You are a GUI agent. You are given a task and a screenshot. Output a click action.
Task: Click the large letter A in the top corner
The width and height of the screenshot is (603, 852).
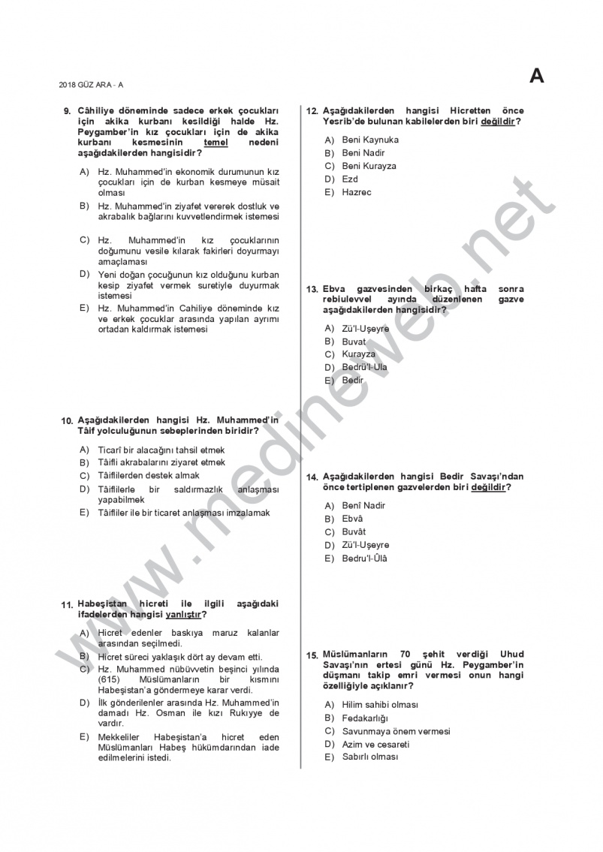536,76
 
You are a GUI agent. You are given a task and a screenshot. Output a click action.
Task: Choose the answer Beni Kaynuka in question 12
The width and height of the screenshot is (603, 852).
369,140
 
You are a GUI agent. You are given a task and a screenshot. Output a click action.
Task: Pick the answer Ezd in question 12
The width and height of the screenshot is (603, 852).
350,179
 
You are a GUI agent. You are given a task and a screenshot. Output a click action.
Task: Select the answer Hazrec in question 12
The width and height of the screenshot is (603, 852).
356,192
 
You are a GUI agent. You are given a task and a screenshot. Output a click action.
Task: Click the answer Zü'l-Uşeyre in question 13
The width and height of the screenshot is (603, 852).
365,329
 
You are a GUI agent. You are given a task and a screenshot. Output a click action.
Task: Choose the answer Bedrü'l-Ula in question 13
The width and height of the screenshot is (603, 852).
364,367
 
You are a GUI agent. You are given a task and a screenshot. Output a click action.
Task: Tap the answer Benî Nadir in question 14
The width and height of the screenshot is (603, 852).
363,505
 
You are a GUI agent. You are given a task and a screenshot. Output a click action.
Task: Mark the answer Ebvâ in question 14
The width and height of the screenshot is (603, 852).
352,519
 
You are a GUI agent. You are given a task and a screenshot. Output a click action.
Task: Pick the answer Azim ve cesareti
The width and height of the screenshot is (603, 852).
375,745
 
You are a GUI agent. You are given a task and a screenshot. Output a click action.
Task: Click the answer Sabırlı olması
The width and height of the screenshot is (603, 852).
369,757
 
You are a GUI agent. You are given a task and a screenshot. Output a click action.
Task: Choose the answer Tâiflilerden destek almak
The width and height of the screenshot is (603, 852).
149,475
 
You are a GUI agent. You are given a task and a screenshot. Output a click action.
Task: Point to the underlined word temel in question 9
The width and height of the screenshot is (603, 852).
216,142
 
